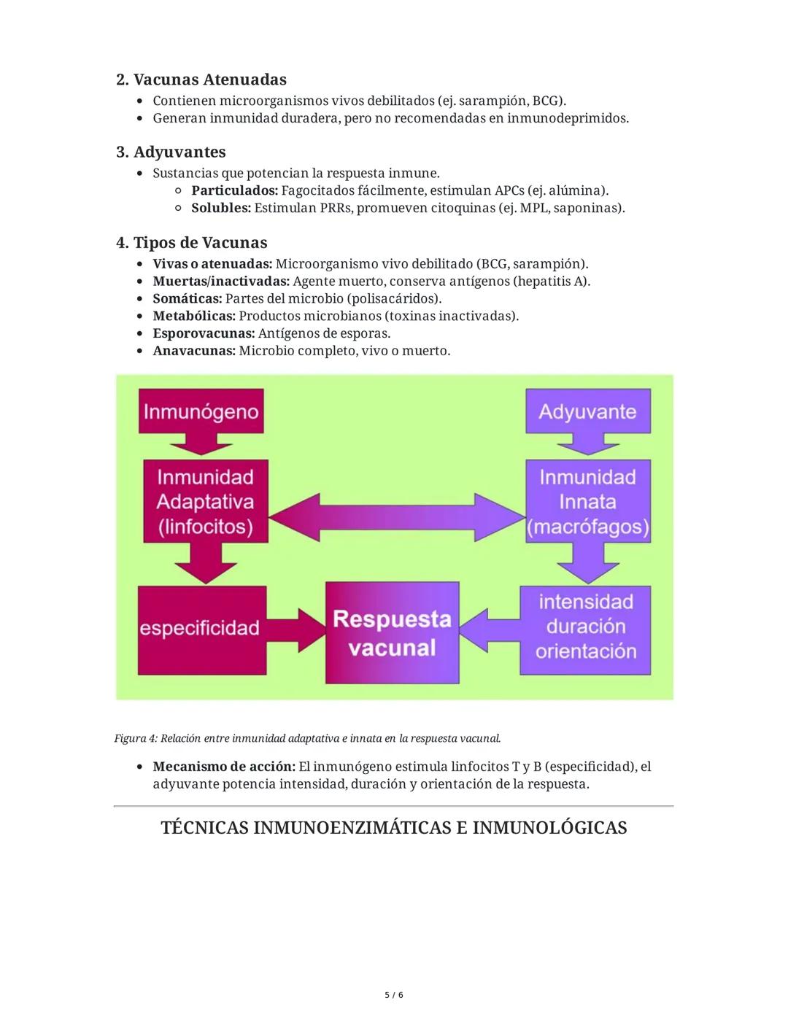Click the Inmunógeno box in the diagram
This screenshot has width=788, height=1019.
coord(201,411)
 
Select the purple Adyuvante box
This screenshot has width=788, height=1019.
coord(587,411)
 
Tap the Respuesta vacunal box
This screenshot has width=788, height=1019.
coord(392,632)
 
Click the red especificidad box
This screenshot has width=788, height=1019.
coord(200,628)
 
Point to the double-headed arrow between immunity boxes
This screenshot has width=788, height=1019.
coord(397,515)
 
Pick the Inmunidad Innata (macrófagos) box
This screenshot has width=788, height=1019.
coord(587,502)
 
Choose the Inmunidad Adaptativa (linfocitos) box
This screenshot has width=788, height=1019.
coord(205,502)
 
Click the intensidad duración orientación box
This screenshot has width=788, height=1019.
coord(586,627)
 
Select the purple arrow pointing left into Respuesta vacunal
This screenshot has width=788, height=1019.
coord(490,628)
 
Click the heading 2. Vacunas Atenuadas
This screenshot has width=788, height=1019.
coord(201,80)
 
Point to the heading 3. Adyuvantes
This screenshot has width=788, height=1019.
coord(171,152)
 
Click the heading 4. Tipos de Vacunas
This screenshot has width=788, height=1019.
coord(192,242)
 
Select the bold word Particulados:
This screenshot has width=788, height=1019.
coord(234,190)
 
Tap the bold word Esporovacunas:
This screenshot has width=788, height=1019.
coord(204,333)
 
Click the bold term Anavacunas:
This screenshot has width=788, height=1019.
coord(194,351)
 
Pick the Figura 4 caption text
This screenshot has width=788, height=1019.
coord(307,738)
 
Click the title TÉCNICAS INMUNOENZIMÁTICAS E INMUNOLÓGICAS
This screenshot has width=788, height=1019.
coord(393,828)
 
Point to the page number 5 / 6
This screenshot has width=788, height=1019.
coord(393,995)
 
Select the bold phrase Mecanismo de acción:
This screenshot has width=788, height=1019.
coord(223,767)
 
